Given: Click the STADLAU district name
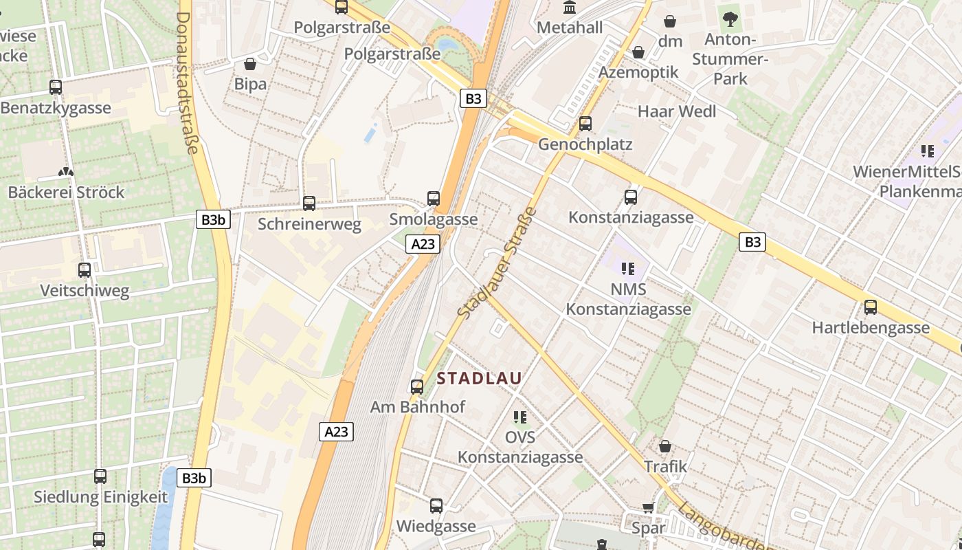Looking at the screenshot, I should [479, 378].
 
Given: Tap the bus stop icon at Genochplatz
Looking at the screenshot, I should [585, 124].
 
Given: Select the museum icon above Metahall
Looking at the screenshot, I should [570, 8].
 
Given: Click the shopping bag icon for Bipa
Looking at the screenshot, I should [250, 64].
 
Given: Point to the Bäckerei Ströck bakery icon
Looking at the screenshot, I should [66, 172].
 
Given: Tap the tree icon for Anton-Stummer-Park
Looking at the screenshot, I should [730, 18].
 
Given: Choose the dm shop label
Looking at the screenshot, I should [670, 41].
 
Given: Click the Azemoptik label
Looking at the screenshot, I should [638, 72].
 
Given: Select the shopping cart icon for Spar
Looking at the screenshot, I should [648, 508].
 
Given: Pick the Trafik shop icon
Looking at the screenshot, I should [664, 446].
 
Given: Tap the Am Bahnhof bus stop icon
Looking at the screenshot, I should [417, 386].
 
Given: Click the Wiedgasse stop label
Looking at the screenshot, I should [436, 527].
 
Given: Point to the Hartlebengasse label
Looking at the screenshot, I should [870, 327].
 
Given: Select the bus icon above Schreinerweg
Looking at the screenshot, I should [309, 203].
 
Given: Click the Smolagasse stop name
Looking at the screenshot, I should [433, 219].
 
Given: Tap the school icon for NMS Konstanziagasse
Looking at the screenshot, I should [627, 268].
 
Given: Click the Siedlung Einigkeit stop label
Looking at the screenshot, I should [100, 497].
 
